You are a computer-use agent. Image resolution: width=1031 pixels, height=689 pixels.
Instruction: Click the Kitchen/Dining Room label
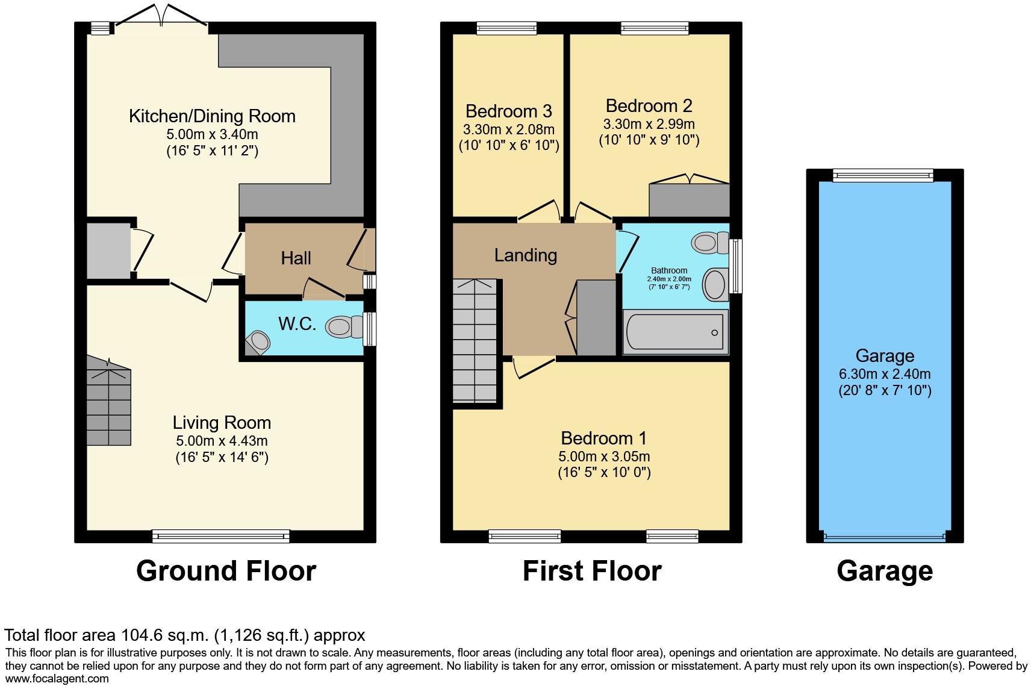212,116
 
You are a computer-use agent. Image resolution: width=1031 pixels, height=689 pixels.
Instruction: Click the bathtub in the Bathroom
674,332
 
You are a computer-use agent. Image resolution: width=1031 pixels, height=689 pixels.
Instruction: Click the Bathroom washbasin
715,284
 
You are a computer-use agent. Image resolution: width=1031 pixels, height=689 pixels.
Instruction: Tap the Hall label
296,258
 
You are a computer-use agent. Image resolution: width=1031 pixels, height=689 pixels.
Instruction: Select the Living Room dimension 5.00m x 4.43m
222,441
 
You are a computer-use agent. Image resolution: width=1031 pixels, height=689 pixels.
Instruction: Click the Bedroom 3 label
508,111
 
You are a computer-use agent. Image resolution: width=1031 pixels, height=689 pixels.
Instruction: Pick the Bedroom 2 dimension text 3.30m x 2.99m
649,124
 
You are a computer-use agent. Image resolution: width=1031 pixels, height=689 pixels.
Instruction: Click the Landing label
525,255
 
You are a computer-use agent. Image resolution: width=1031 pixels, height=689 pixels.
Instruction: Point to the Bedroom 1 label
603,438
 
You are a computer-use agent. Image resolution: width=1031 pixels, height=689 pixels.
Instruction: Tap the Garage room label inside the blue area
884,356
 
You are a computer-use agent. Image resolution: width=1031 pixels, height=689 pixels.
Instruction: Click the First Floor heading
591,571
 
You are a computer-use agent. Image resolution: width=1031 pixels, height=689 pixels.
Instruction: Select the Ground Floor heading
226,571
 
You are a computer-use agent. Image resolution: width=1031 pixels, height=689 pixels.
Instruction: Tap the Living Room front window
221,535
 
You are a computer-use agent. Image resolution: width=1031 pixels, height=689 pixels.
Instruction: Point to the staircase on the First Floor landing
475,341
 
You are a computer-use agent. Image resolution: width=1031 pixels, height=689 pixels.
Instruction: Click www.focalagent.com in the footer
57,679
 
